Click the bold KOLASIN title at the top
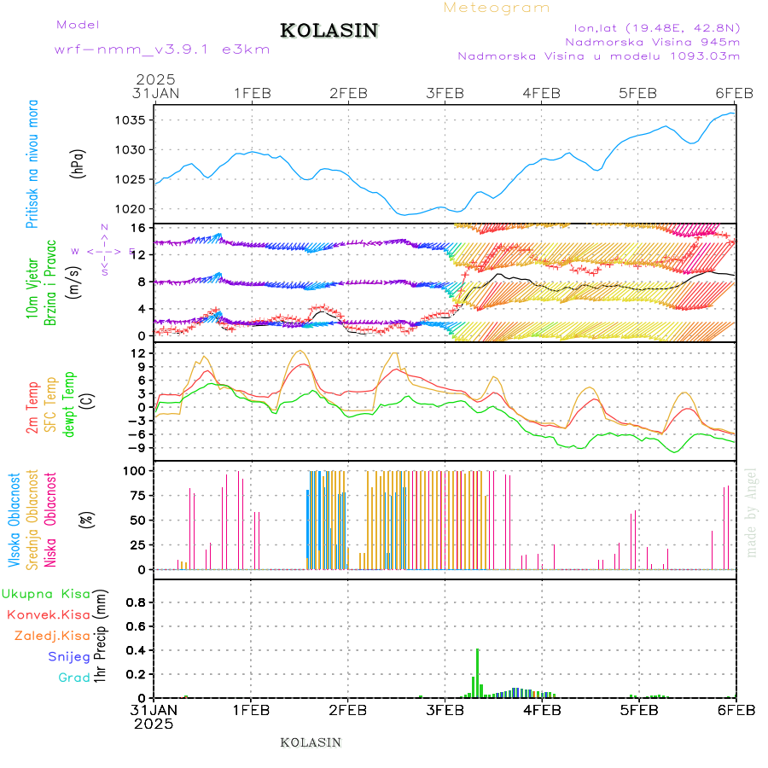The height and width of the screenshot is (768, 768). click(x=329, y=31)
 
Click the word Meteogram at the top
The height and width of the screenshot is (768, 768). click(x=497, y=8)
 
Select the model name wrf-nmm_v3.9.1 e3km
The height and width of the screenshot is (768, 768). click(x=162, y=49)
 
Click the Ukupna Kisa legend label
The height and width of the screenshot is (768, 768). click(x=46, y=594)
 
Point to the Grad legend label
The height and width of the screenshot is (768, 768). click(x=74, y=678)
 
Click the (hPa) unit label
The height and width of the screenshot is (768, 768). click(x=79, y=162)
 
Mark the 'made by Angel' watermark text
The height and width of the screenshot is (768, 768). click(x=752, y=512)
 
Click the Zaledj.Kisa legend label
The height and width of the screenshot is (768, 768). click(x=52, y=636)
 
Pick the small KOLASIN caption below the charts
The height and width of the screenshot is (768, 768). click(x=311, y=742)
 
